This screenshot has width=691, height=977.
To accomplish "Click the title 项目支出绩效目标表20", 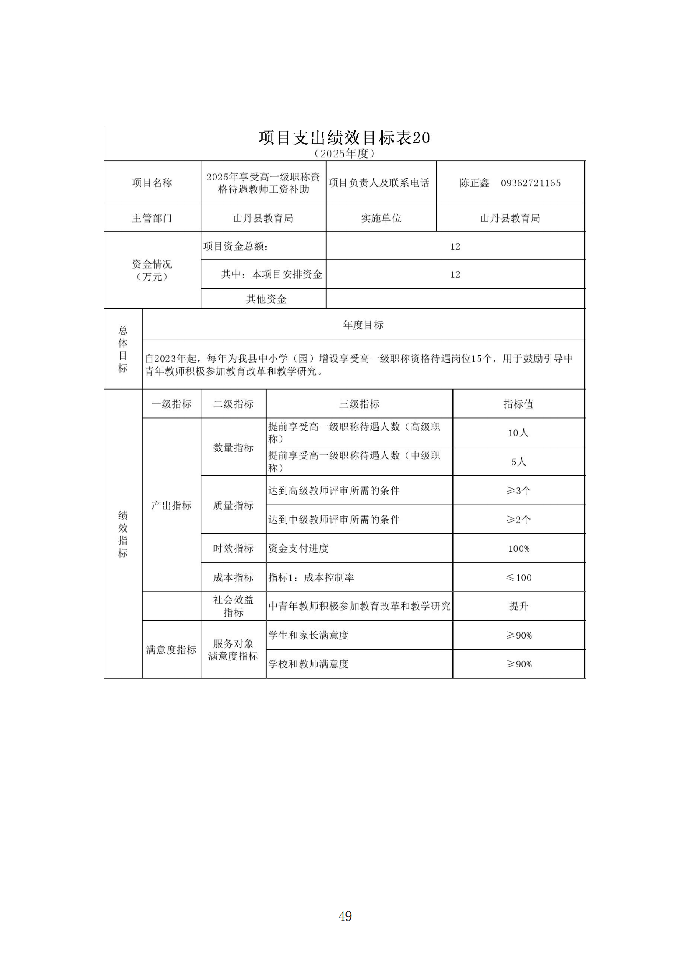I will coord(345,137).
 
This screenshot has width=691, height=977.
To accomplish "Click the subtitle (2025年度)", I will coord(345,154).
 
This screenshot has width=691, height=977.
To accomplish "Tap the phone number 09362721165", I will coord(531,183).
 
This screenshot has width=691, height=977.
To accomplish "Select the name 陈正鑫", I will coord(475,183).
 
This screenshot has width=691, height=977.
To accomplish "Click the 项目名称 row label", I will coord(152,183).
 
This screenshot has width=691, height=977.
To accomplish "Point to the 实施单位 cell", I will coord(381,218).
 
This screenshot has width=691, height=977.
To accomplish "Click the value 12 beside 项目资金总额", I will coord(455,246).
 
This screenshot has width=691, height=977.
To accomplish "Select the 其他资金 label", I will coord(266,299).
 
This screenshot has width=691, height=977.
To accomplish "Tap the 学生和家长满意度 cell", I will coord(308,635).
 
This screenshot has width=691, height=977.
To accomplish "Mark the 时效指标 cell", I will coord(233,548).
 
